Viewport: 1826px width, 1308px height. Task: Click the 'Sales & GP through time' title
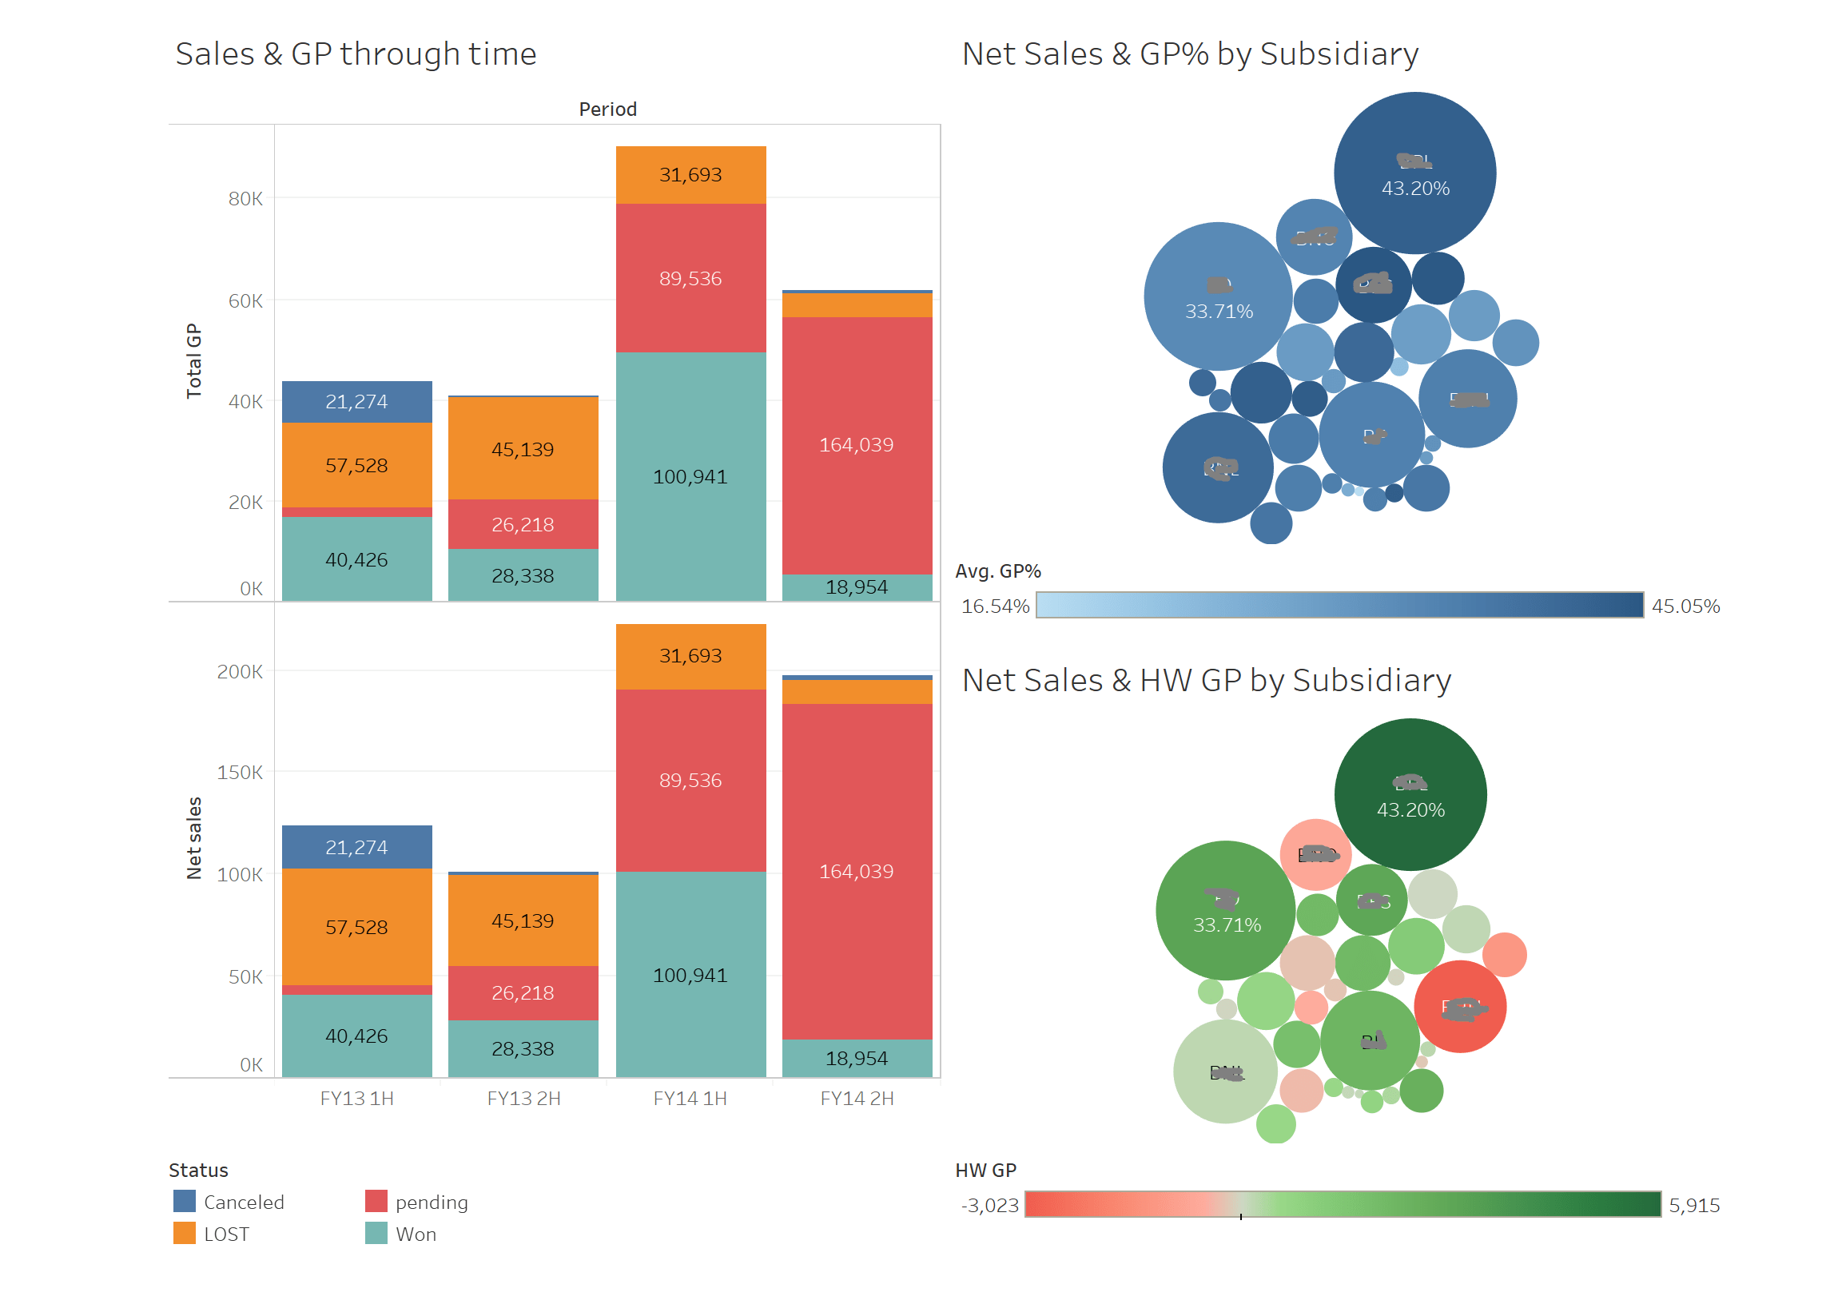coord(355,54)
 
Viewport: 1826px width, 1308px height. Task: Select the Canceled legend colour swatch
coord(185,1201)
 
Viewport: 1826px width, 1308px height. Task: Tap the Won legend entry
coord(415,1233)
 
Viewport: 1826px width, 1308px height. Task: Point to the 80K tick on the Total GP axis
coord(245,199)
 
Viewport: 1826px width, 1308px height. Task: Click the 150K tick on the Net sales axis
coord(239,772)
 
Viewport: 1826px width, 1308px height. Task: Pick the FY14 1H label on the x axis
coord(690,1098)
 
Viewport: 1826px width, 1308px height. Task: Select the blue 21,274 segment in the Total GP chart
coord(356,402)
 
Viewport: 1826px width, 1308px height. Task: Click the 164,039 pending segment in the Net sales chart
coord(857,871)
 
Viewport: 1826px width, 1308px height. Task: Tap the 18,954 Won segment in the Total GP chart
coord(857,586)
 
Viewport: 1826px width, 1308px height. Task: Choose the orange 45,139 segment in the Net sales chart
coord(523,920)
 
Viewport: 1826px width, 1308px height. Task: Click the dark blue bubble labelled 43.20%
coord(1414,173)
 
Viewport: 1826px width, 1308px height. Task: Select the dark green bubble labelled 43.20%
coord(1410,794)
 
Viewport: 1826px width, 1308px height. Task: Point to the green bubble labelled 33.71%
coord(1225,910)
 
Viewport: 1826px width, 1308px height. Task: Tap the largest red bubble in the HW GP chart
coord(1460,1006)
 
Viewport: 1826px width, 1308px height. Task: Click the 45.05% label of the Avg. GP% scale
coord(1685,606)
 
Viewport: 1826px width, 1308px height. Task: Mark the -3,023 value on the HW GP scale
coord(989,1205)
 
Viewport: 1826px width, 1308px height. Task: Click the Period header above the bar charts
coord(608,109)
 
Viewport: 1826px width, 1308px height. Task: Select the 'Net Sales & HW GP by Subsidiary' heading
coord(1206,680)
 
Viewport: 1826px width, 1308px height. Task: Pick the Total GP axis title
coord(194,360)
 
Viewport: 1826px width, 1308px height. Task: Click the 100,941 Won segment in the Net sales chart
coord(690,975)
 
